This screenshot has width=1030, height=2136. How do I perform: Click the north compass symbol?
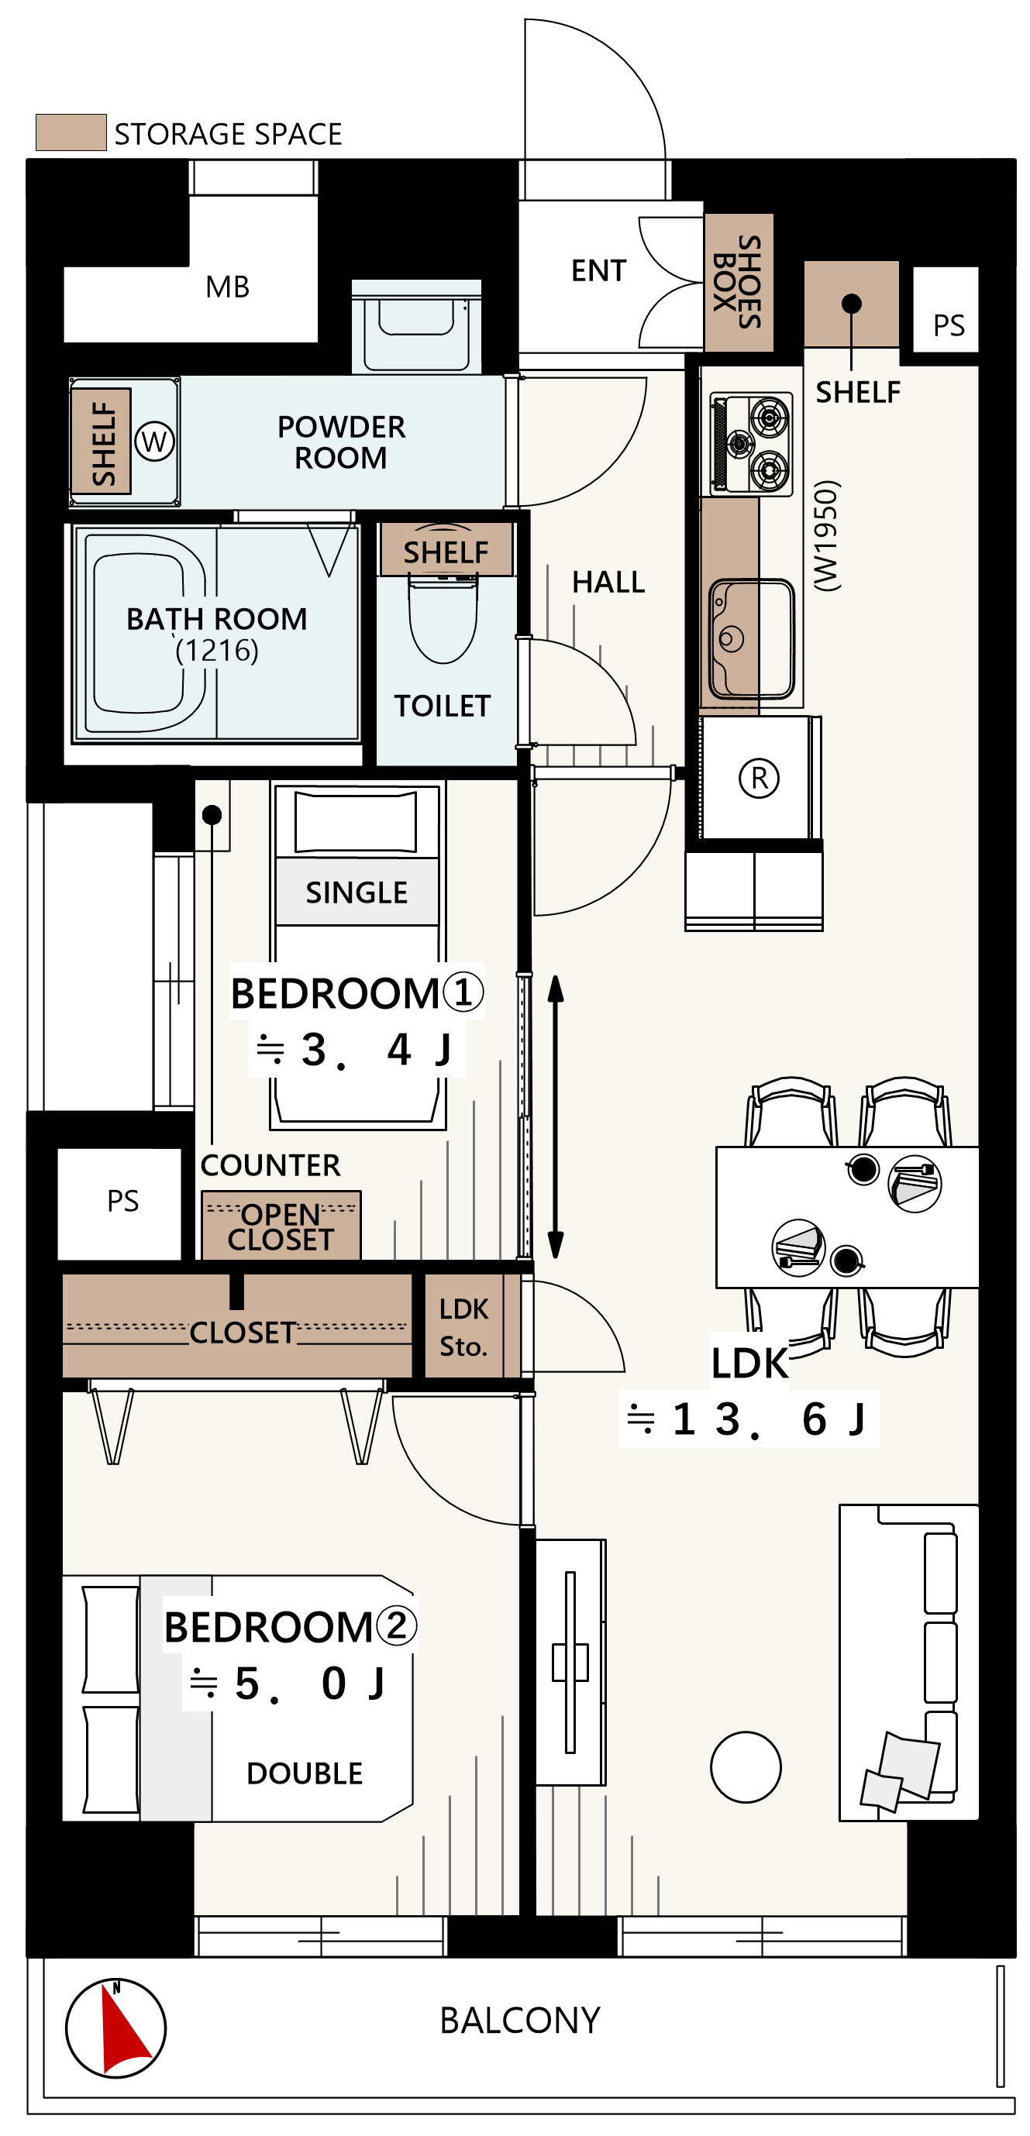[x=115, y=2028]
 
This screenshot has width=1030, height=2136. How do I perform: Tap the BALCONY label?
[x=520, y=2021]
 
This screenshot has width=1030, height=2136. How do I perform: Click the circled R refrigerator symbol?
[x=759, y=778]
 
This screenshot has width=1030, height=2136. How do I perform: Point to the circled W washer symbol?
[x=154, y=441]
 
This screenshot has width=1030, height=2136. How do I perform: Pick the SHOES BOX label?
[x=737, y=282]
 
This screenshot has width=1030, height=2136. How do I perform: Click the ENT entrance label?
[x=599, y=270]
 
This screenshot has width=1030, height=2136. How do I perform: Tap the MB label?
[x=227, y=287]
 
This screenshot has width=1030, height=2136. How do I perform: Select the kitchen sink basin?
[x=751, y=638]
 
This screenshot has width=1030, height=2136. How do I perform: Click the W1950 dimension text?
[x=827, y=535]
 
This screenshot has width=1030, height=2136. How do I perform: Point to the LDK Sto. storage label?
[x=463, y=1327]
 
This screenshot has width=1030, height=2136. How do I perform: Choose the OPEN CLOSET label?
[x=281, y=1226]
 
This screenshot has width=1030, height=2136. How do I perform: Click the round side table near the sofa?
[x=746, y=1766]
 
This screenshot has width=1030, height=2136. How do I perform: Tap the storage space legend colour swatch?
[x=71, y=132]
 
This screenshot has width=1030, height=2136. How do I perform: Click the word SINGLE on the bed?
[x=357, y=893]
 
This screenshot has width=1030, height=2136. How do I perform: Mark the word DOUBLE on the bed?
[x=305, y=1773]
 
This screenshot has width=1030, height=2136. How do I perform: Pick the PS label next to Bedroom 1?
[x=122, y=1201]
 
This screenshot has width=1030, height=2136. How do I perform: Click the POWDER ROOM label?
[x=341, y=442]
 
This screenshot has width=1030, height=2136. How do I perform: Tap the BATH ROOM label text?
[x=216, y=618]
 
